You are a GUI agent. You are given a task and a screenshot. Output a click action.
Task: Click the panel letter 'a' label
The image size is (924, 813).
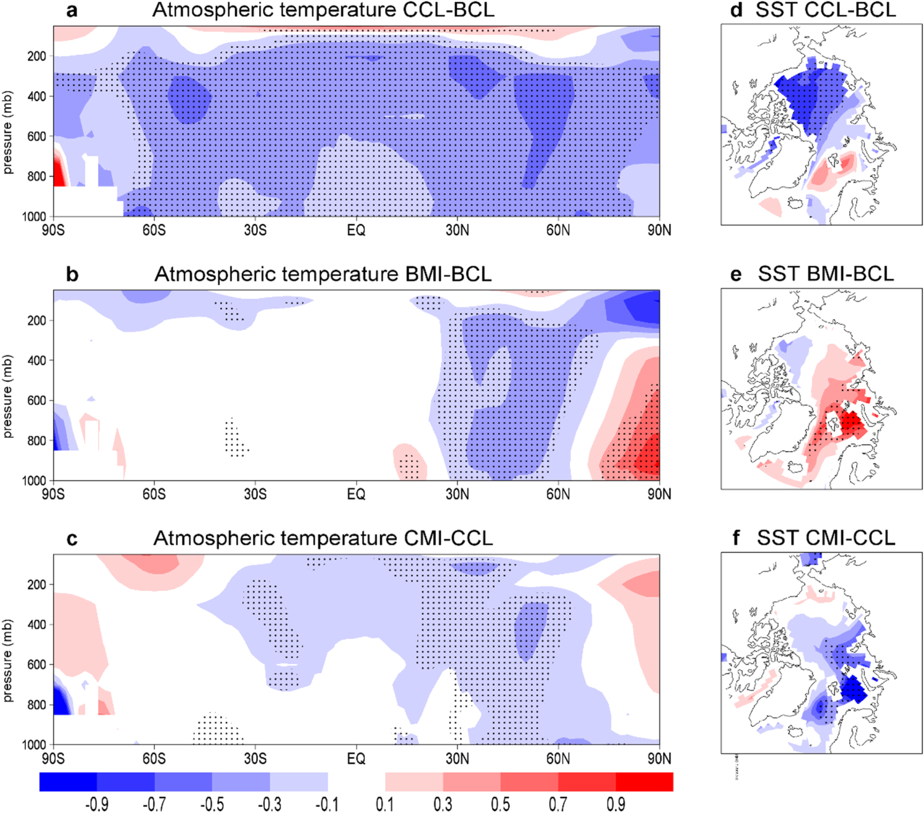click(71, 10)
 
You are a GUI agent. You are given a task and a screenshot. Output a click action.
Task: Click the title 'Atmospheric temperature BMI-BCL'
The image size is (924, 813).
click(323, 274)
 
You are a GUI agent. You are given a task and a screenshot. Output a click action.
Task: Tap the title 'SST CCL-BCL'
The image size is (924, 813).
click(826, 10)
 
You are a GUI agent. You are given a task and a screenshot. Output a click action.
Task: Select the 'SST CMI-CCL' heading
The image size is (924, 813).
click(826, 538)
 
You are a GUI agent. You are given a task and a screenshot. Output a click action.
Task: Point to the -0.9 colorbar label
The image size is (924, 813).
click(97, 804)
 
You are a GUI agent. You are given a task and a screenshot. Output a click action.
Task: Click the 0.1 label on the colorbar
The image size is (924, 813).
click(385, 804)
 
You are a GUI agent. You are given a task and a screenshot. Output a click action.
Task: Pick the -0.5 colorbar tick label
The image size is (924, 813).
click(212, 804)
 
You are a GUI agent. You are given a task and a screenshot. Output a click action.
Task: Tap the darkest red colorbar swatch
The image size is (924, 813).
click(644, 782)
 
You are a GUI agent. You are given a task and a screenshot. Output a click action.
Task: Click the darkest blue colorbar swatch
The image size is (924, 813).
click(68, 782)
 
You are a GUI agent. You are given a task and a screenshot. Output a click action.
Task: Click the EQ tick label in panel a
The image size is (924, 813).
click(356, 230)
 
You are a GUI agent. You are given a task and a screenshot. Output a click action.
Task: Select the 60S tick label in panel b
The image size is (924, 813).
click(154, 494)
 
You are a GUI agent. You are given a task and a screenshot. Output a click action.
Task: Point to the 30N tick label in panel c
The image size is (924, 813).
click(457, 758)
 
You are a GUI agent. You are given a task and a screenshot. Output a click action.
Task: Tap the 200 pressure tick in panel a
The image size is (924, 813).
click(37, 56)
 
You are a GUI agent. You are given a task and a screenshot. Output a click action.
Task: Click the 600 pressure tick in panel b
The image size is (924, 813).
click(37, 401)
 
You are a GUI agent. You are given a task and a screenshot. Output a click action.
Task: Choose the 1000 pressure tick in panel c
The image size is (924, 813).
click(34, 744)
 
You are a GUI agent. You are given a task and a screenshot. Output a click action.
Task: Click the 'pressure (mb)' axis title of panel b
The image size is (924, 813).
click(8, 396)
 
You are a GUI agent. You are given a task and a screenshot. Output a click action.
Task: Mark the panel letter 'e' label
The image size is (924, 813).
click(735, 274)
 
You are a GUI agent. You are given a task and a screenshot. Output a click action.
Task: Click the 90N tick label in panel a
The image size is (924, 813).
click(659, 230)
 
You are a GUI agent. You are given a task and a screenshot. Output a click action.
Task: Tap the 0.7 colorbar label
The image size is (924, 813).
click(558, 804)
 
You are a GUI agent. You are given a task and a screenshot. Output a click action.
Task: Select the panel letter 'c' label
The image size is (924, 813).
click(71, 539)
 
